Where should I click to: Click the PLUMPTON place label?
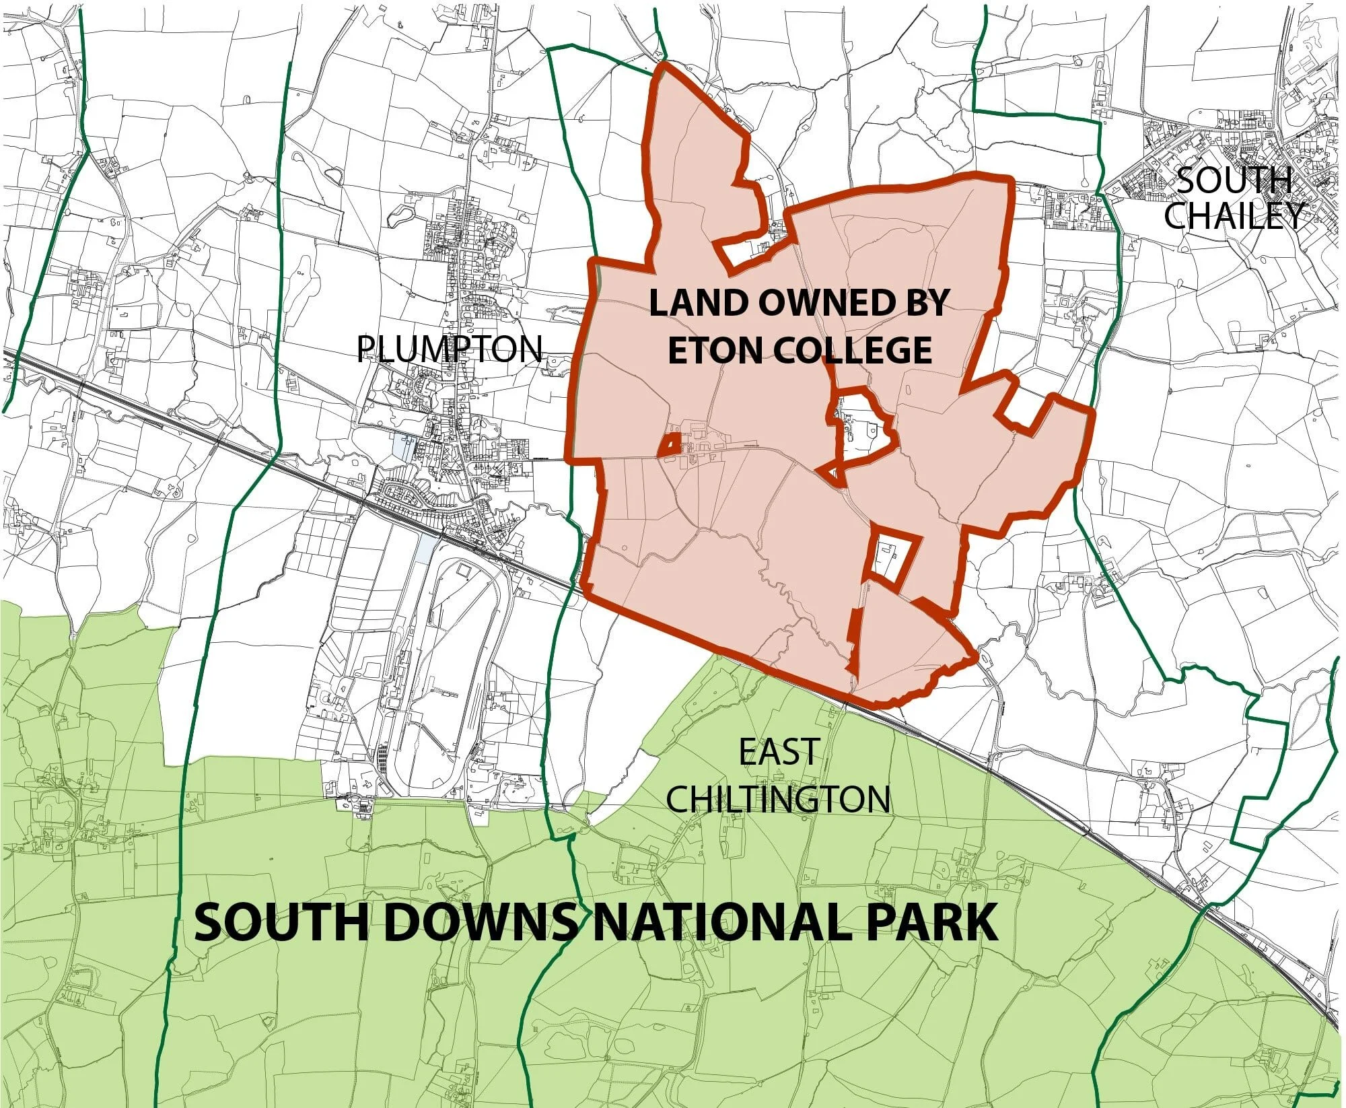click(x=449, y=349)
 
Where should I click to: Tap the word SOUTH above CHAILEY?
click(x=1234, y=181)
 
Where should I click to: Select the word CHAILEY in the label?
click(x=1234, y=215)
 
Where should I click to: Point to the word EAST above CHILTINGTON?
click(x=779, y=752)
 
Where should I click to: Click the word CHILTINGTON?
click(x=779, y=799)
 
